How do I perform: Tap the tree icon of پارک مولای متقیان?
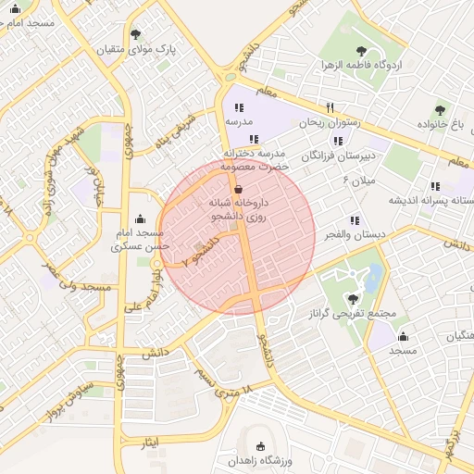pyautogui.click(x=137, y=33)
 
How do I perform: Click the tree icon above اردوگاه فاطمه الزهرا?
pyautogui.click(x=361, y=51)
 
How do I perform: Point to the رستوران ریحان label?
pyautogui.click(x=329, y=121)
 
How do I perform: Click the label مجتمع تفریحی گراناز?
pyautogui.click(x=353, y=313)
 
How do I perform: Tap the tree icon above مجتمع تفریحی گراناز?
pyautogui.click(x=353, y=298)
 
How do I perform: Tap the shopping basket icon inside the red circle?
pyautogui.click(x=240, y=189)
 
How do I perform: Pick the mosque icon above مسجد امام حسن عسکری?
pyautogui.click(x=140, y=219)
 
